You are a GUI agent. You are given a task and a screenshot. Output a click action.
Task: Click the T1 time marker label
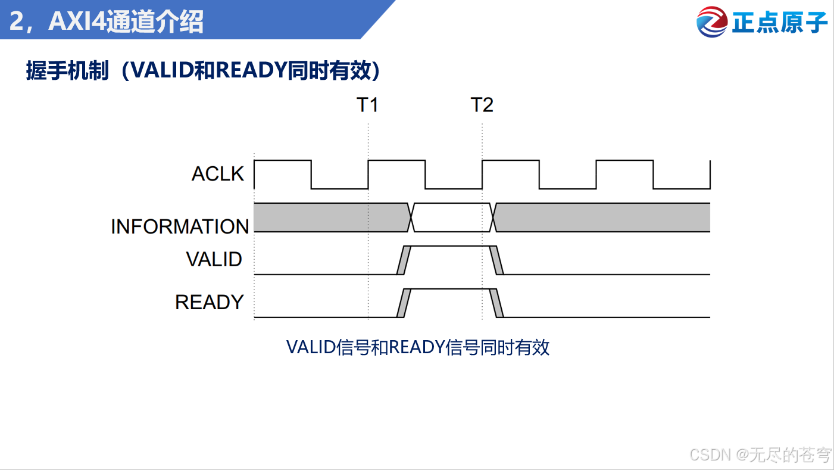(x=367, y=105)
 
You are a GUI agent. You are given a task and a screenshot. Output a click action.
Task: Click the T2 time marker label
(x=482, y=105)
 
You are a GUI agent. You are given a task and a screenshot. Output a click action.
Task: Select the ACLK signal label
(x=218, y=174)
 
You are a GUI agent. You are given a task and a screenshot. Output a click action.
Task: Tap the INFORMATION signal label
(x=180, y=226)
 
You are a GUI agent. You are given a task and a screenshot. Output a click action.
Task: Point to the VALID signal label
(x=214, y=259)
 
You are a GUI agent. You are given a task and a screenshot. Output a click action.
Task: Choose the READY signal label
(x=209, y=302)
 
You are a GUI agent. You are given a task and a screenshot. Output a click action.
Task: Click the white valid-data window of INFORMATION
(x=452, y=217)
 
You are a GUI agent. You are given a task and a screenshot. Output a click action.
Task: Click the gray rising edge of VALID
(x=404, y=260)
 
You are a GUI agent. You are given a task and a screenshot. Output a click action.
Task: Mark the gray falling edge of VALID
(x=496, y=260)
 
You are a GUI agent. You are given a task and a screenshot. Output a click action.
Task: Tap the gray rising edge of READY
(x=404, y=303)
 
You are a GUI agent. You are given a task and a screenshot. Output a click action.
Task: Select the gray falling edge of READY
(x=496, y=303)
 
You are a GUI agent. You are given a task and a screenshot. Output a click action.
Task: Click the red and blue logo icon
(x=712, y=22)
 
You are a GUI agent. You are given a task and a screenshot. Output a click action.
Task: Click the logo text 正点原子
(x=780, y=23)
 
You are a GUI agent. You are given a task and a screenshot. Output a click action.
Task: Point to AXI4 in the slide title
(x=78, y=22)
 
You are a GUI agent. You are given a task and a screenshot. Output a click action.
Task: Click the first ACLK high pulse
(x=282, y=173)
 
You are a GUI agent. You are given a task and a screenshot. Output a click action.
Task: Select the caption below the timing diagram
(x=417, y=347)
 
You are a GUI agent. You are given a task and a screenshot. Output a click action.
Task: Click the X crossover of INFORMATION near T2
(x=493, y=217)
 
